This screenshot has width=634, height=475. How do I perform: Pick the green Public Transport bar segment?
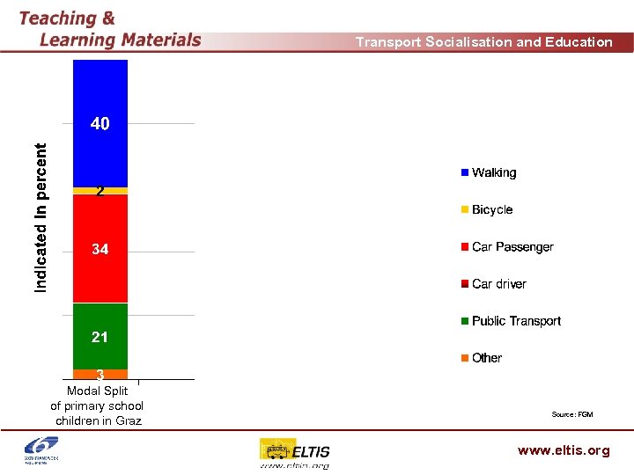coord(100,317)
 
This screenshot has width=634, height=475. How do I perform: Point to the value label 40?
coord(100,124)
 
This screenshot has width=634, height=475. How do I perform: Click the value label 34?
coord(100,250)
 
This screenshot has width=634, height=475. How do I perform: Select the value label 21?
coord(100,338)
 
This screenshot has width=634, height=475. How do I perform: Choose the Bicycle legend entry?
coord(487,210)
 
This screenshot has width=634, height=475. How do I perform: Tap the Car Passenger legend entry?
coord(507,247)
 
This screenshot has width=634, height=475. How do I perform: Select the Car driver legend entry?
coord(494,284)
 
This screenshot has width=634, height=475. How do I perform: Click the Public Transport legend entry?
coord(511,321)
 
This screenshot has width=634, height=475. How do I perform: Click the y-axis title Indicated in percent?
coord(41,218)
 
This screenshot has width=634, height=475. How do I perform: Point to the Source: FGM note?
coord(571,414)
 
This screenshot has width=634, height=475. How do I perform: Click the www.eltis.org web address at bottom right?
coord(564,450)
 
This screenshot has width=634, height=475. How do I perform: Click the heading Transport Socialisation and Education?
coord(483,42)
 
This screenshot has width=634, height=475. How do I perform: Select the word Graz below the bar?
coord(129,420)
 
